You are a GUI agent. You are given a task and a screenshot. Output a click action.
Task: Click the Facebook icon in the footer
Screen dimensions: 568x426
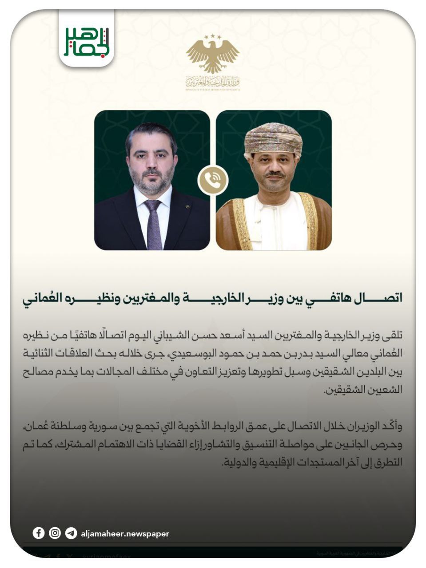pyautogui.click(x=39, y=533)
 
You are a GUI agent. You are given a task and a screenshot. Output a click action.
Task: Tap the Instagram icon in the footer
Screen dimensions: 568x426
pyautogui.click(x=55, y=533)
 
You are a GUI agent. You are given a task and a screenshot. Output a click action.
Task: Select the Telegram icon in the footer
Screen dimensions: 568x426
pyautogui.click(x=71, y=533)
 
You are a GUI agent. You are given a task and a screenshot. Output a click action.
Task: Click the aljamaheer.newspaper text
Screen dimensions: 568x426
pyautogui.click(x=125, y=534)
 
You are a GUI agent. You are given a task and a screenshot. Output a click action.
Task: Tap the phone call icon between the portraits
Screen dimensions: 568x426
pyautogui.click(x=213, y=180)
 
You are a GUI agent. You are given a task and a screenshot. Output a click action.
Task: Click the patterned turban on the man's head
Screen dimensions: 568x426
pyautogui.click(x=273, y=138)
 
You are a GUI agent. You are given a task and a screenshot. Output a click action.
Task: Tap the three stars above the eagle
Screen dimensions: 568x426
pyautogui.click(x=213, y=36)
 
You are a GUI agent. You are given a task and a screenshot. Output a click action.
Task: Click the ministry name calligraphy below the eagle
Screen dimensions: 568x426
pyautogui.click(x=213, y=82)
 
